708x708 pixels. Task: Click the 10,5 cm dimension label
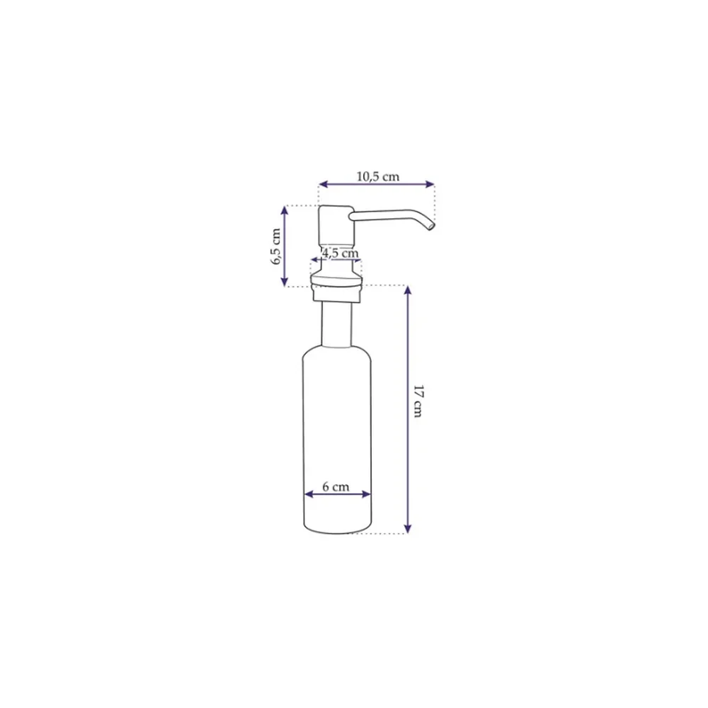378,176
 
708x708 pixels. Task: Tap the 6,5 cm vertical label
276,246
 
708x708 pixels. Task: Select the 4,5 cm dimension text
340,253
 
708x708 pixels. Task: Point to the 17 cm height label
418,401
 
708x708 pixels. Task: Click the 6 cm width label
336,487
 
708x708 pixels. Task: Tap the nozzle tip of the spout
431,225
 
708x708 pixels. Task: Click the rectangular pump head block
336,226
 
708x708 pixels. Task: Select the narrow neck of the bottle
336,324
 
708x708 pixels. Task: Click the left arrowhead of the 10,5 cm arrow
322,184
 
